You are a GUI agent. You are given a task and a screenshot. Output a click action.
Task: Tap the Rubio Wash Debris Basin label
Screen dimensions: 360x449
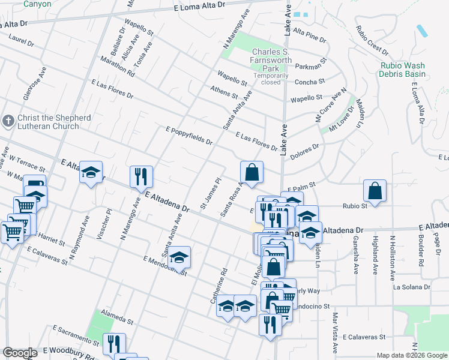[402, 70]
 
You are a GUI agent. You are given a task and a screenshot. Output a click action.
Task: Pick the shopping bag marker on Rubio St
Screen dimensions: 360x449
[375, 192]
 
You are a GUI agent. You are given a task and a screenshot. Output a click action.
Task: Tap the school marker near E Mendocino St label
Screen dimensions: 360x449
[179, 258]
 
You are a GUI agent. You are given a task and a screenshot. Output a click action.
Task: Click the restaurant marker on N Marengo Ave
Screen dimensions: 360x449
[142, 177]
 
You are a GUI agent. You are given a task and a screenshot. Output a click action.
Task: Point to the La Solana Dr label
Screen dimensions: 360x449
[412, 287]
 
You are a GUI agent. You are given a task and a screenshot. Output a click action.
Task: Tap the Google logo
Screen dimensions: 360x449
[19, 353]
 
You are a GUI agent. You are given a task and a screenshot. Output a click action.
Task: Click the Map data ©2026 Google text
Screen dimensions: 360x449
[412, 356]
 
